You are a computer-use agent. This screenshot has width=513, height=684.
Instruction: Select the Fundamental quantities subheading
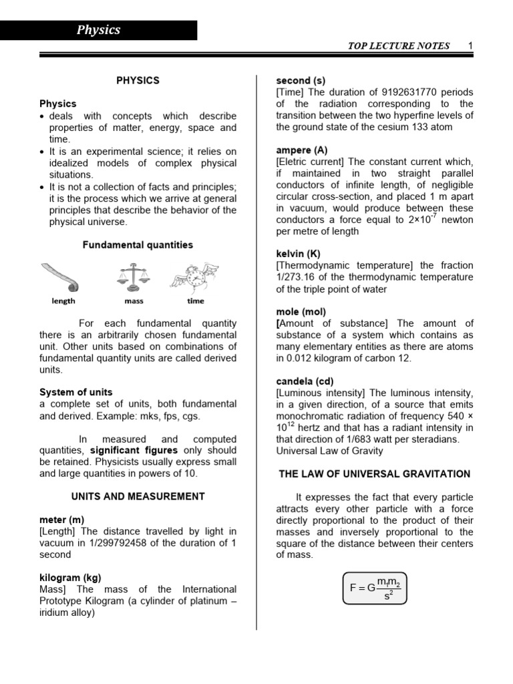tap(138, 245)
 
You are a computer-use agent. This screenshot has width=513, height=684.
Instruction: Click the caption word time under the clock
tap(196, 301)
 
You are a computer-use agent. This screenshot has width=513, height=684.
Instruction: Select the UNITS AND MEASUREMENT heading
tap(138, 496)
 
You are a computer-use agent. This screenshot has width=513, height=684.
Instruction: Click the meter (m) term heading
tap(61, 520)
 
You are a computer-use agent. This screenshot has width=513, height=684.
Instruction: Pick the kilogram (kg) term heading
tap(70, 578)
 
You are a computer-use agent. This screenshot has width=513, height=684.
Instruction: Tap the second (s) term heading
tap(301, 81)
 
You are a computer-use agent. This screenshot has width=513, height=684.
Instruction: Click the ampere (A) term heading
tap(302, 150)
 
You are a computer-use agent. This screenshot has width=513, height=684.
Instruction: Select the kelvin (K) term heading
tap(298, 254)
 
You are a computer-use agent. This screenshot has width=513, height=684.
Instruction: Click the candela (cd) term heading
tap(305, 381)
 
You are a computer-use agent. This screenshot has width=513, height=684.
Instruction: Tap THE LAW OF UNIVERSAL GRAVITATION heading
tap(374, 474)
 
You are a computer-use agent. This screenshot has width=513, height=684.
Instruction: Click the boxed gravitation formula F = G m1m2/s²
tap(374, 588)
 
